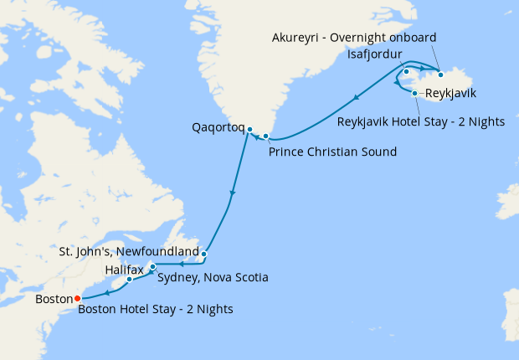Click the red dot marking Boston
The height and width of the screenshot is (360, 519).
pos(78,297)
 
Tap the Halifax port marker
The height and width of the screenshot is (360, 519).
pos(130,280)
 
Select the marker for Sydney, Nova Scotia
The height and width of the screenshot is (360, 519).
pos(152,267)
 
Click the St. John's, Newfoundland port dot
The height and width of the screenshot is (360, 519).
pos(204,253)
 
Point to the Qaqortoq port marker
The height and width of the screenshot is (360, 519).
pos(249,129)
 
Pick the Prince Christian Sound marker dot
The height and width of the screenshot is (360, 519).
pos(266,136)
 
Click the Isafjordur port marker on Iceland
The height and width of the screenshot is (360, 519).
pos(406,71)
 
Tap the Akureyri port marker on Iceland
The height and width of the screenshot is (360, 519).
pos(440,75)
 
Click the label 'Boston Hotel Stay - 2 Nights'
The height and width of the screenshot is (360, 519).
pos(156,309)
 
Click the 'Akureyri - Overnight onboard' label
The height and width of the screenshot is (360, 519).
pos(355,38)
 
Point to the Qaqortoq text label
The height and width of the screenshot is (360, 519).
pos(218,128)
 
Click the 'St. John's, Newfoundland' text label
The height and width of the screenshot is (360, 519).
pos(129,251)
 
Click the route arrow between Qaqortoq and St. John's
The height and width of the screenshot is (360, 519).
pos(233,194)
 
